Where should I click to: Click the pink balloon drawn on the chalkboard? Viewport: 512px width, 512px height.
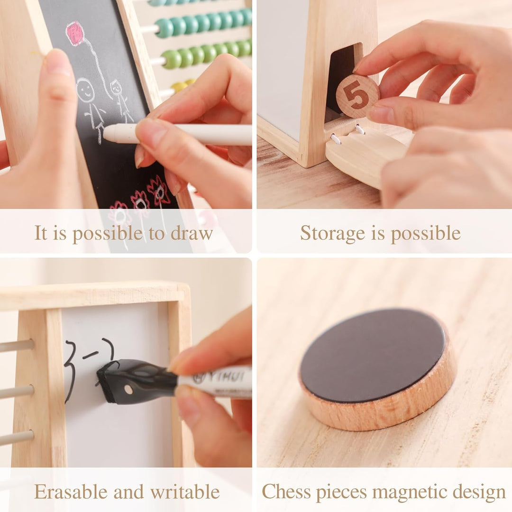pyautogui.click(x=75, y=33)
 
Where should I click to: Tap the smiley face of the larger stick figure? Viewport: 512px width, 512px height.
pyautogui.click(x=85, y=90)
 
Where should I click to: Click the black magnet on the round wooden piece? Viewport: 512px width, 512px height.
pyautogui.click(x=373, y=355)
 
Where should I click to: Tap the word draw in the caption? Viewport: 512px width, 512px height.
pyautogui.click(x=192, y=233)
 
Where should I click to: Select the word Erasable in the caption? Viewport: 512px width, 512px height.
pyautogui.click(x=71, y=492)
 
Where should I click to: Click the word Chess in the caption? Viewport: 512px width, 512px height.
pyautogui.click(x=286, y=492)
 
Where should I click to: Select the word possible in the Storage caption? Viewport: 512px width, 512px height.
pyautogui.click(x=426, y=234)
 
